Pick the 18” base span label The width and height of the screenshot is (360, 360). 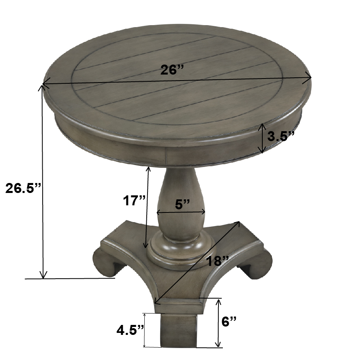[x=217, y=261]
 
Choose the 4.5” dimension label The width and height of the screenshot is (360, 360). [x=130, y=330]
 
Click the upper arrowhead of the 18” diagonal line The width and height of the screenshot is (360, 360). [x=238, y=223]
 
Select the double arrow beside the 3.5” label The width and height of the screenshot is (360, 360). [x=262, y=138]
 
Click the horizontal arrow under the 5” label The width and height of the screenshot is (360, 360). [x=181, y=212]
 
